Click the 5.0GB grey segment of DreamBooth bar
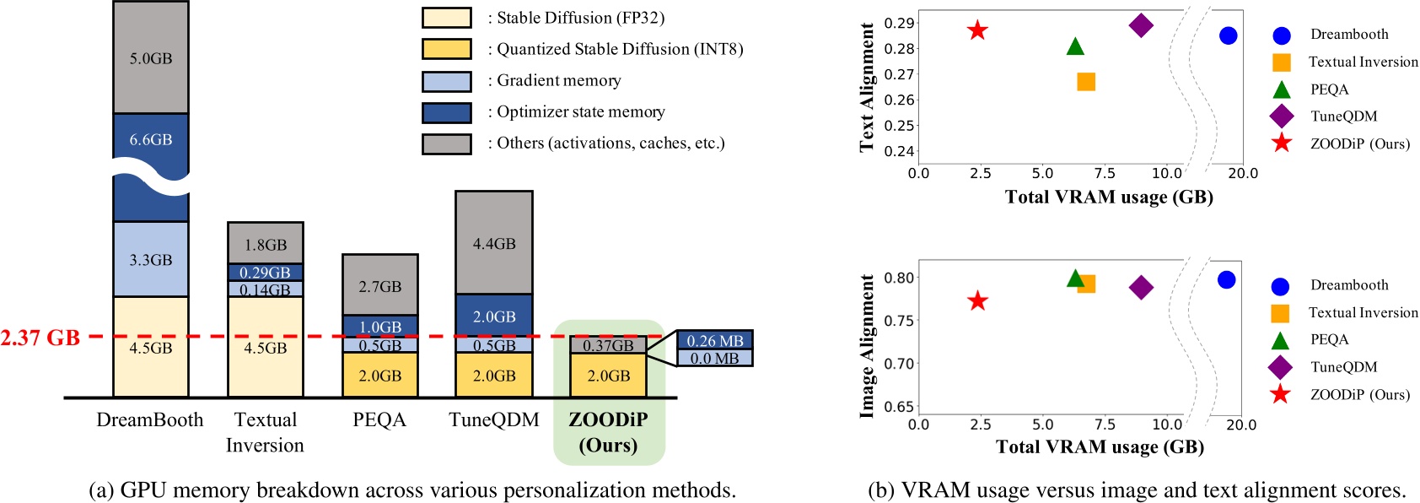click(151, 57)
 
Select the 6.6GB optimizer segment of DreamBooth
click(151, 140)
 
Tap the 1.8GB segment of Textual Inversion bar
click(266, 244)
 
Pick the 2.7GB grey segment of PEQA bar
click(379, 285)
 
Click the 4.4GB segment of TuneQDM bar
click(494, 243)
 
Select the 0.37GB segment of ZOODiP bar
click(608, 344)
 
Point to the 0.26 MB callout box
click(714, 340)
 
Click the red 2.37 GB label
click(40, 338)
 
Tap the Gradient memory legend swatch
click(446, 81)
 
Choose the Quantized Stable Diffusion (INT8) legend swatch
click(446, 49)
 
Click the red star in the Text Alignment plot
click(977, 30)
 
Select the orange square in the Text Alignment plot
click(1086, 82)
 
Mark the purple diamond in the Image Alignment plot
click(1141, 288)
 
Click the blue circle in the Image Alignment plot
click(1227, 279)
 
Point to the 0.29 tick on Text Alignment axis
click(899, 23)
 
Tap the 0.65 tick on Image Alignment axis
click(899, 407)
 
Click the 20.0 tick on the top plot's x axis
click(1242, 173)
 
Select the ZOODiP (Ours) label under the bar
click(608, 432)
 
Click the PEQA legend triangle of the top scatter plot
click(1281, 89)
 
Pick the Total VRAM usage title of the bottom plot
click(1100, 446)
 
